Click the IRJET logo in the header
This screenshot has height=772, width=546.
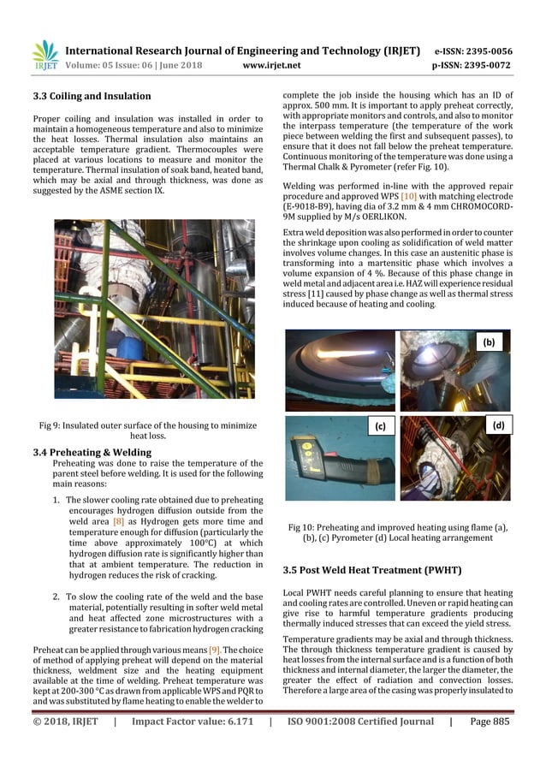coord(44,56)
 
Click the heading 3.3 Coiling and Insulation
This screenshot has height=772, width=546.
coord(92,96)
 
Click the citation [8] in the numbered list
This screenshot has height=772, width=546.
coord(118,520)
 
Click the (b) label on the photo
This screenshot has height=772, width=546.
coord(490,341)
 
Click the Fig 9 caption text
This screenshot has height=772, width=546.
coord(148,430)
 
